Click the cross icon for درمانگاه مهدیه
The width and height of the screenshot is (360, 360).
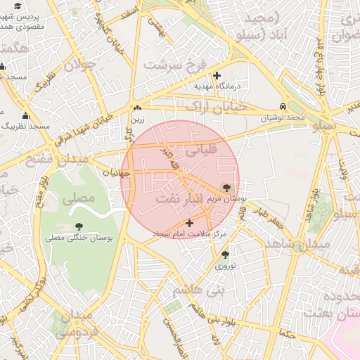point(217,75)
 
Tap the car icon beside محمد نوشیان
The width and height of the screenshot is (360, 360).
point(283,106)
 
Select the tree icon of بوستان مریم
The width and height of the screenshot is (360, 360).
point(226,188)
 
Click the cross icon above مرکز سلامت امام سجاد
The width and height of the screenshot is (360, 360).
point(189,223)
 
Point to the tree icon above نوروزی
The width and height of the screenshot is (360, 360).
point(225,255)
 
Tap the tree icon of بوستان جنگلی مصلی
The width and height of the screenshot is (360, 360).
point(79,226)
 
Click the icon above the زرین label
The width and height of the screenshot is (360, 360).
point(138,108)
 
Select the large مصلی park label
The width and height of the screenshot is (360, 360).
point(78,198)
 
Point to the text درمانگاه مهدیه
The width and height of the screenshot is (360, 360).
point(218,86)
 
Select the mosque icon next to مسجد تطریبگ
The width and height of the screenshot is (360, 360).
point(26,116)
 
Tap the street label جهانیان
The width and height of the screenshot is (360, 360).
point(117,172)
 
